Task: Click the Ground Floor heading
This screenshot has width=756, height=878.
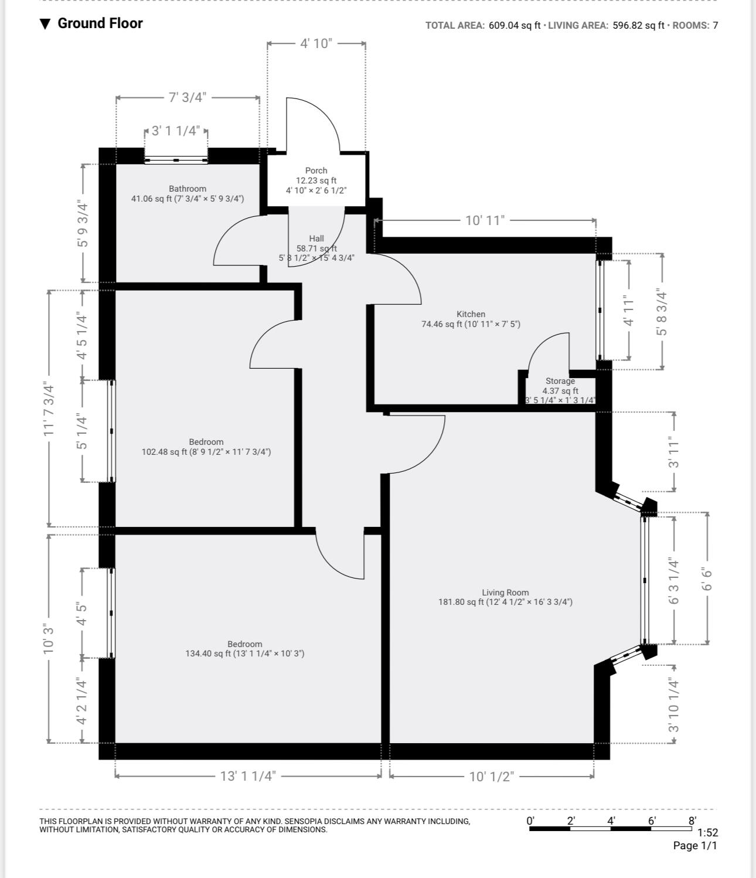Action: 100,23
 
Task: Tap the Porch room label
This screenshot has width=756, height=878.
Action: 316,171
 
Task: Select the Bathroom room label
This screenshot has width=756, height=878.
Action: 188,189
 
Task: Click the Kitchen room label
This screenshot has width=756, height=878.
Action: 471,314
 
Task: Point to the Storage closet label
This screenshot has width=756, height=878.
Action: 560,381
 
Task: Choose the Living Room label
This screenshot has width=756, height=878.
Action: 505,593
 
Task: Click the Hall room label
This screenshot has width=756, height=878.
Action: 316,239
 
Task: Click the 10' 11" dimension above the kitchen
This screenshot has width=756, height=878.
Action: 485,220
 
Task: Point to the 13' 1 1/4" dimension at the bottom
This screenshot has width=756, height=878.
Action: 247,776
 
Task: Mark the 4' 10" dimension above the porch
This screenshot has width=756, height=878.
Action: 316,43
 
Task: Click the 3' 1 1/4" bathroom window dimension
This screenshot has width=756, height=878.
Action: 176,131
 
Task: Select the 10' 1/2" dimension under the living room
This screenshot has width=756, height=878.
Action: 491,777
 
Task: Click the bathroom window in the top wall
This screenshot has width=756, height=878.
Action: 176,159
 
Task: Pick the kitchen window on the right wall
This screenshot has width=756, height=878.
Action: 600,310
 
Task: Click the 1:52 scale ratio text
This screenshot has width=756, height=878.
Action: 707,832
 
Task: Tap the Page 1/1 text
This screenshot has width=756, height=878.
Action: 695,845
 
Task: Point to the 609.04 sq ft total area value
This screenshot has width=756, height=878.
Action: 514,25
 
